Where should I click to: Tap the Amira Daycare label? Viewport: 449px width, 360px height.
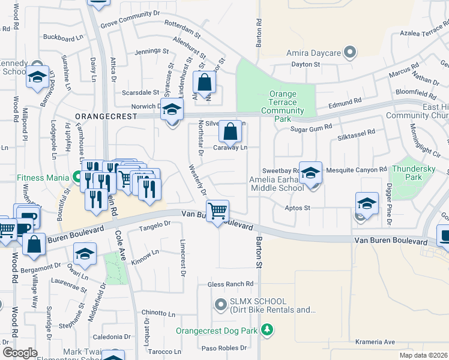pos(314,53)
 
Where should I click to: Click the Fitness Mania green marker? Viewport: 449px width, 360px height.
pos(76,177)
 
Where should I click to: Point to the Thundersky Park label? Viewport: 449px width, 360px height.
pos(414,173)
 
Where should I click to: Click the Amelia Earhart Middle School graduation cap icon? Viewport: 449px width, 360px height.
pos(310,173)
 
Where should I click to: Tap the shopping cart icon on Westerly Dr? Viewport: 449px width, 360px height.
pos(217,211)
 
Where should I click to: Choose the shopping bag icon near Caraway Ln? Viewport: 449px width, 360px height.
pos(230,131)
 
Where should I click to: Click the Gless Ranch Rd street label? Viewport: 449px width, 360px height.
pos(231,284)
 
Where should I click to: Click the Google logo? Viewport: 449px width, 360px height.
pos(20,353)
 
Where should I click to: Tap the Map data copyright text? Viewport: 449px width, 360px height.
pos(424,355)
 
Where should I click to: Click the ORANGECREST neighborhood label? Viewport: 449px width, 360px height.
pos(103,115)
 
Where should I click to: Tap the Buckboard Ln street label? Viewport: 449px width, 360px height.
pos(63,37)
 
